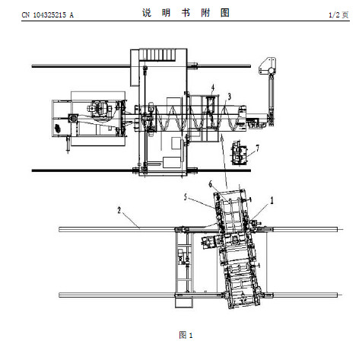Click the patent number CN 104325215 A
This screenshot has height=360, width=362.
point(48,15)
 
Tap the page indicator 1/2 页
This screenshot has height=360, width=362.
point(338,15)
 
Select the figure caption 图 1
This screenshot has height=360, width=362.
point(186,335)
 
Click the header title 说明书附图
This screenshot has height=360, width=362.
point(186,12)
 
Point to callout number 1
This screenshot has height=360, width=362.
point(271,200)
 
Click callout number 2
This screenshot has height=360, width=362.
point(119,210)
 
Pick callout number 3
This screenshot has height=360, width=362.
point(229,97)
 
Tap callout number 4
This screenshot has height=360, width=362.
point(213,88)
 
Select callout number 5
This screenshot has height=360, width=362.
point(186,197)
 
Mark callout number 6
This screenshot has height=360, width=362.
point(210,184)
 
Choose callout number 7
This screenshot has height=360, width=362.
point(258,148)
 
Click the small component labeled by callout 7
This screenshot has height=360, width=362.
point(239,153)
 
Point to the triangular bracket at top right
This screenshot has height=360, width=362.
point(267,66)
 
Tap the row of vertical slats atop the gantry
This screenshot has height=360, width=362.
point(157,55)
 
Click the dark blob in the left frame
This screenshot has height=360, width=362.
point(58,128)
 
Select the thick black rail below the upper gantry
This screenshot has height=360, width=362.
point(141,170)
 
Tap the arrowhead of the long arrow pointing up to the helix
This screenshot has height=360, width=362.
point(222,137)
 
